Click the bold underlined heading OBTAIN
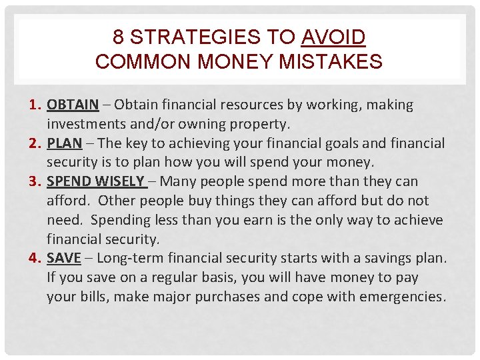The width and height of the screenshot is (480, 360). (73, 105)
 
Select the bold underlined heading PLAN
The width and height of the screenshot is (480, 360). (64, 143)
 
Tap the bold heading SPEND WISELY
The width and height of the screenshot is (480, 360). (95, 181)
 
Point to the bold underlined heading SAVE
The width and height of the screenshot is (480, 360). (64, 258)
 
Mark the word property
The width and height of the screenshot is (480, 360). (258, 124)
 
